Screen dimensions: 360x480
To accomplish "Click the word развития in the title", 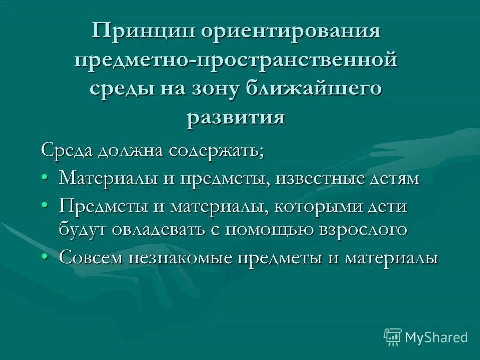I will point(236,118).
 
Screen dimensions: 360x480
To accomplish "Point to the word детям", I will point(397,178).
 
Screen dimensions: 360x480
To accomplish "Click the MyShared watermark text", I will point(436,337).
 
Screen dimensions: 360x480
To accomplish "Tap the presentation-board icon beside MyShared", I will point(393,337).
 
